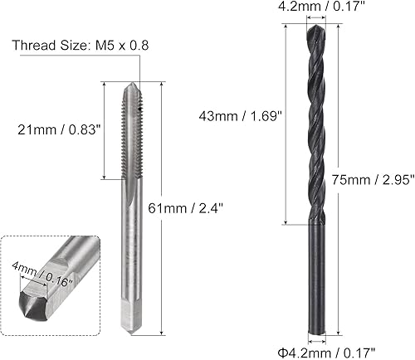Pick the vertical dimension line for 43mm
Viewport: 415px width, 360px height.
(286, 124)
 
